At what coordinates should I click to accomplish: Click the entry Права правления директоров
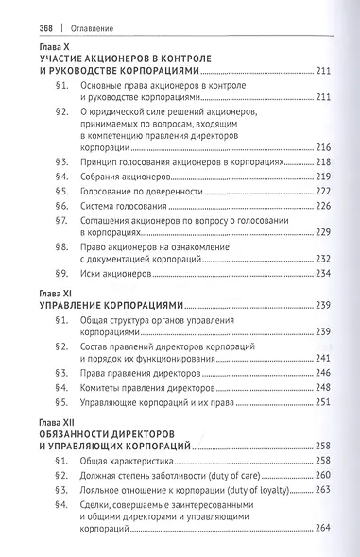pyautogui.click(x=143, y=374)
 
